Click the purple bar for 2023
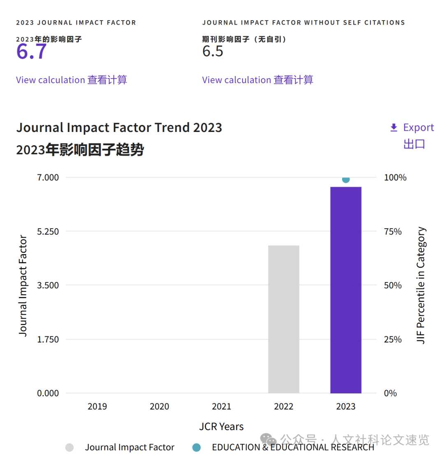click(x=346, y=290)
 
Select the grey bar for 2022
click(x=284, y=319)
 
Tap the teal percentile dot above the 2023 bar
click(x=346, y=179)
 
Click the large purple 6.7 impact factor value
click(x=32, y=52)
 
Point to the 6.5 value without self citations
click(x=213, y=51)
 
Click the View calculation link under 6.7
click(x=50, y=80)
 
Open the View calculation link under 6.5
click(x=236, y=80)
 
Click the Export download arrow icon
click(x=394, y=128)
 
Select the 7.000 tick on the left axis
click(x=49, y=178)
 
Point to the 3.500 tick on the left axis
click(x=49, y=285)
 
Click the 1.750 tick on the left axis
click(x=49, y=339)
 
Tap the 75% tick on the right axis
click(x=393, y=231)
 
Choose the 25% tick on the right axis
click(x=393, y=339)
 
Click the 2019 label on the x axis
click(x=97, y=407)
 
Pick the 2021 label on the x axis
click(x=222, y=407)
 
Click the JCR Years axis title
click(x=222, y=427)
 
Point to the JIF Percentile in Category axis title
click(x=421, y=285)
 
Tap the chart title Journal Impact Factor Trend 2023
click(x=119, y=128)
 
